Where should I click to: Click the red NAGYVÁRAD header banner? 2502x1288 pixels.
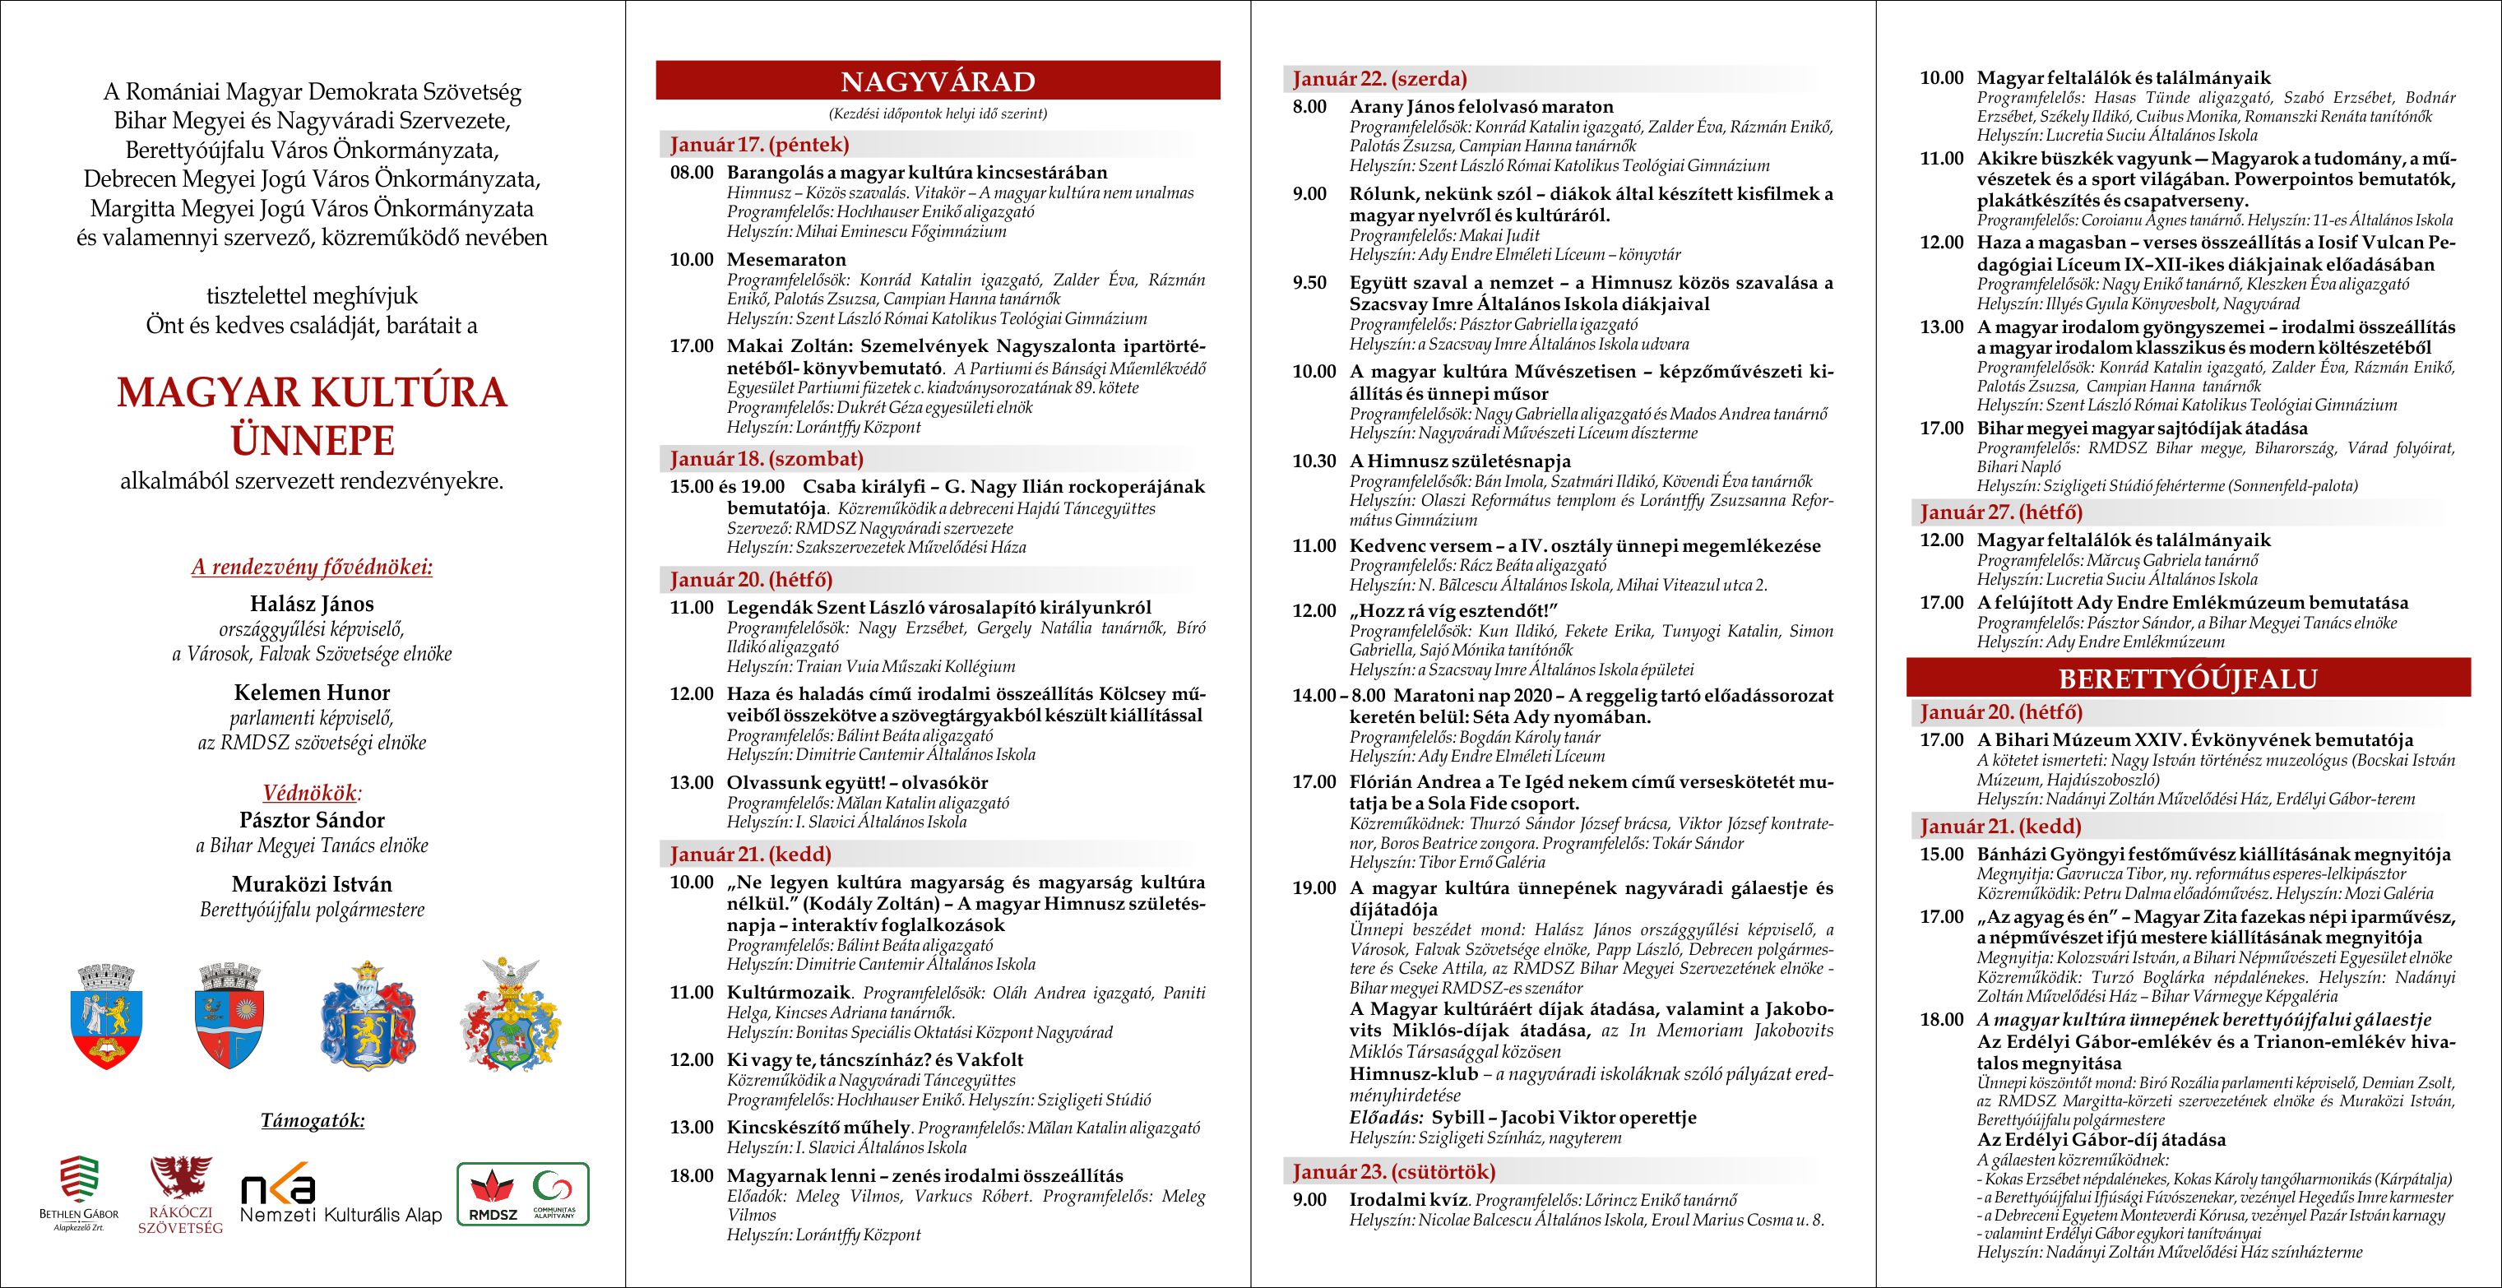click(938, 80)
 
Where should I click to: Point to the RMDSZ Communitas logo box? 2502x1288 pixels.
click(524, 1193)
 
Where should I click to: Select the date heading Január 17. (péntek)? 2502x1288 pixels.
click(759, 145)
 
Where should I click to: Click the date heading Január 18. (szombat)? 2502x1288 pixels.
click(767, 458)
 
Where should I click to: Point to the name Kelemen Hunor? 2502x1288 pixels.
click(312, 693)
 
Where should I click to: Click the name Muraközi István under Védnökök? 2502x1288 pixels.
click(312, 884)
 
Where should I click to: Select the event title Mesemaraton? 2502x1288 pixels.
click(785, 259)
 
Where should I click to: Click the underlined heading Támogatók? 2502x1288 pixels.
click(313, 1121)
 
